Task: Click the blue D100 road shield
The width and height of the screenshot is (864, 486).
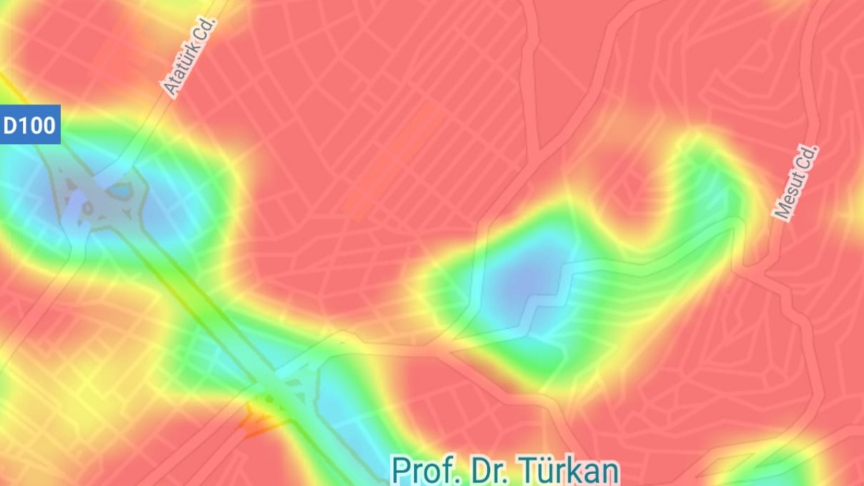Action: click(x=30, y=125)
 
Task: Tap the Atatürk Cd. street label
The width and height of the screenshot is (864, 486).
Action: click(x=189, y=57)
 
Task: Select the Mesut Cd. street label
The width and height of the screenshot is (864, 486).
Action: click(x=796, y=182)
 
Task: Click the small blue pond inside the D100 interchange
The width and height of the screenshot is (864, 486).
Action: click(x=120, y=192)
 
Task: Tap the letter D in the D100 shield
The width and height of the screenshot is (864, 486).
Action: click(x=11, y=126)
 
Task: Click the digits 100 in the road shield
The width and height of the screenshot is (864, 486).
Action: click(x=38, y=126)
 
